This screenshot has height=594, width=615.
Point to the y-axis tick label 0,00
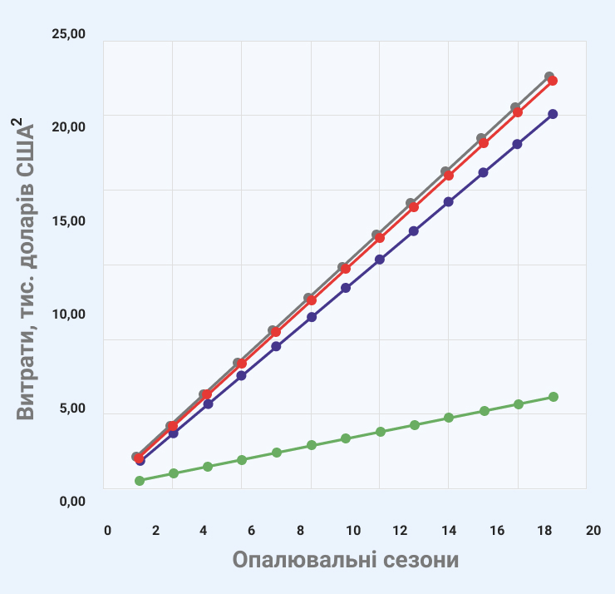pos(69,502)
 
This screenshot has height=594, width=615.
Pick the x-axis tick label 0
pos(107,531)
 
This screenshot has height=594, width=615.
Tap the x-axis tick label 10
pos(352,531)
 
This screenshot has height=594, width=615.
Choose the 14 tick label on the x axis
pos(450,531)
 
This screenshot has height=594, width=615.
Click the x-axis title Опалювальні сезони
pos(346,560)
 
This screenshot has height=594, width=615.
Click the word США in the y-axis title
pos(27,160)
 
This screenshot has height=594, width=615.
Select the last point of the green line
pos(553,397)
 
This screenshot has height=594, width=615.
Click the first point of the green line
pos(140,481)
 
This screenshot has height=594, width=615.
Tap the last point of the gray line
pos(549,77)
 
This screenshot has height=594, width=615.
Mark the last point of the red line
pos(553,81)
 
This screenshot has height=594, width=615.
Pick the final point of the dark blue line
pos(553,114)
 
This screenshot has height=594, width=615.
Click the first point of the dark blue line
pos(140,460)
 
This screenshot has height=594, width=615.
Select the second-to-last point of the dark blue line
pos(517,144)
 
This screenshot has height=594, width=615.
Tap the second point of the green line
pos(174,473)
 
